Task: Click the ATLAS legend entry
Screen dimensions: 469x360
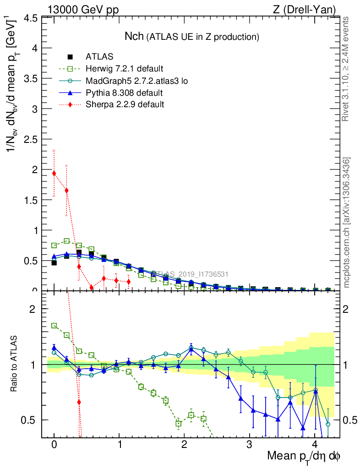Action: point(99,57)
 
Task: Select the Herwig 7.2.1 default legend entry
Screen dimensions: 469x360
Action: point(124,69)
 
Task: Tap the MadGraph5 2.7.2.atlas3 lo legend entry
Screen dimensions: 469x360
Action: point(137,81)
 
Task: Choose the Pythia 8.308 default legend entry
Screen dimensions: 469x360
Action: point(124,93)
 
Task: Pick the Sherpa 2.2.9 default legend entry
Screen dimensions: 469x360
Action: point(125,105)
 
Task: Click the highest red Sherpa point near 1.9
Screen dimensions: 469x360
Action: point(54,173)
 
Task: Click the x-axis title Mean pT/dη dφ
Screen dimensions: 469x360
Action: point(304,457)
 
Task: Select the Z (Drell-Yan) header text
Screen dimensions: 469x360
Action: point(309,9)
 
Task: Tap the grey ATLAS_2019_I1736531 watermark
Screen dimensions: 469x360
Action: point(190,274)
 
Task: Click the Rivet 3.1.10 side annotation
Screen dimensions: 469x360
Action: point(346,69)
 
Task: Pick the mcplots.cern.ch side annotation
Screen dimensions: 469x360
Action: point(347,222)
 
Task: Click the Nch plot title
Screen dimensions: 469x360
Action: point(191,36)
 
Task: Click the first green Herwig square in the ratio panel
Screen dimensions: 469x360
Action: point(54,326)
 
